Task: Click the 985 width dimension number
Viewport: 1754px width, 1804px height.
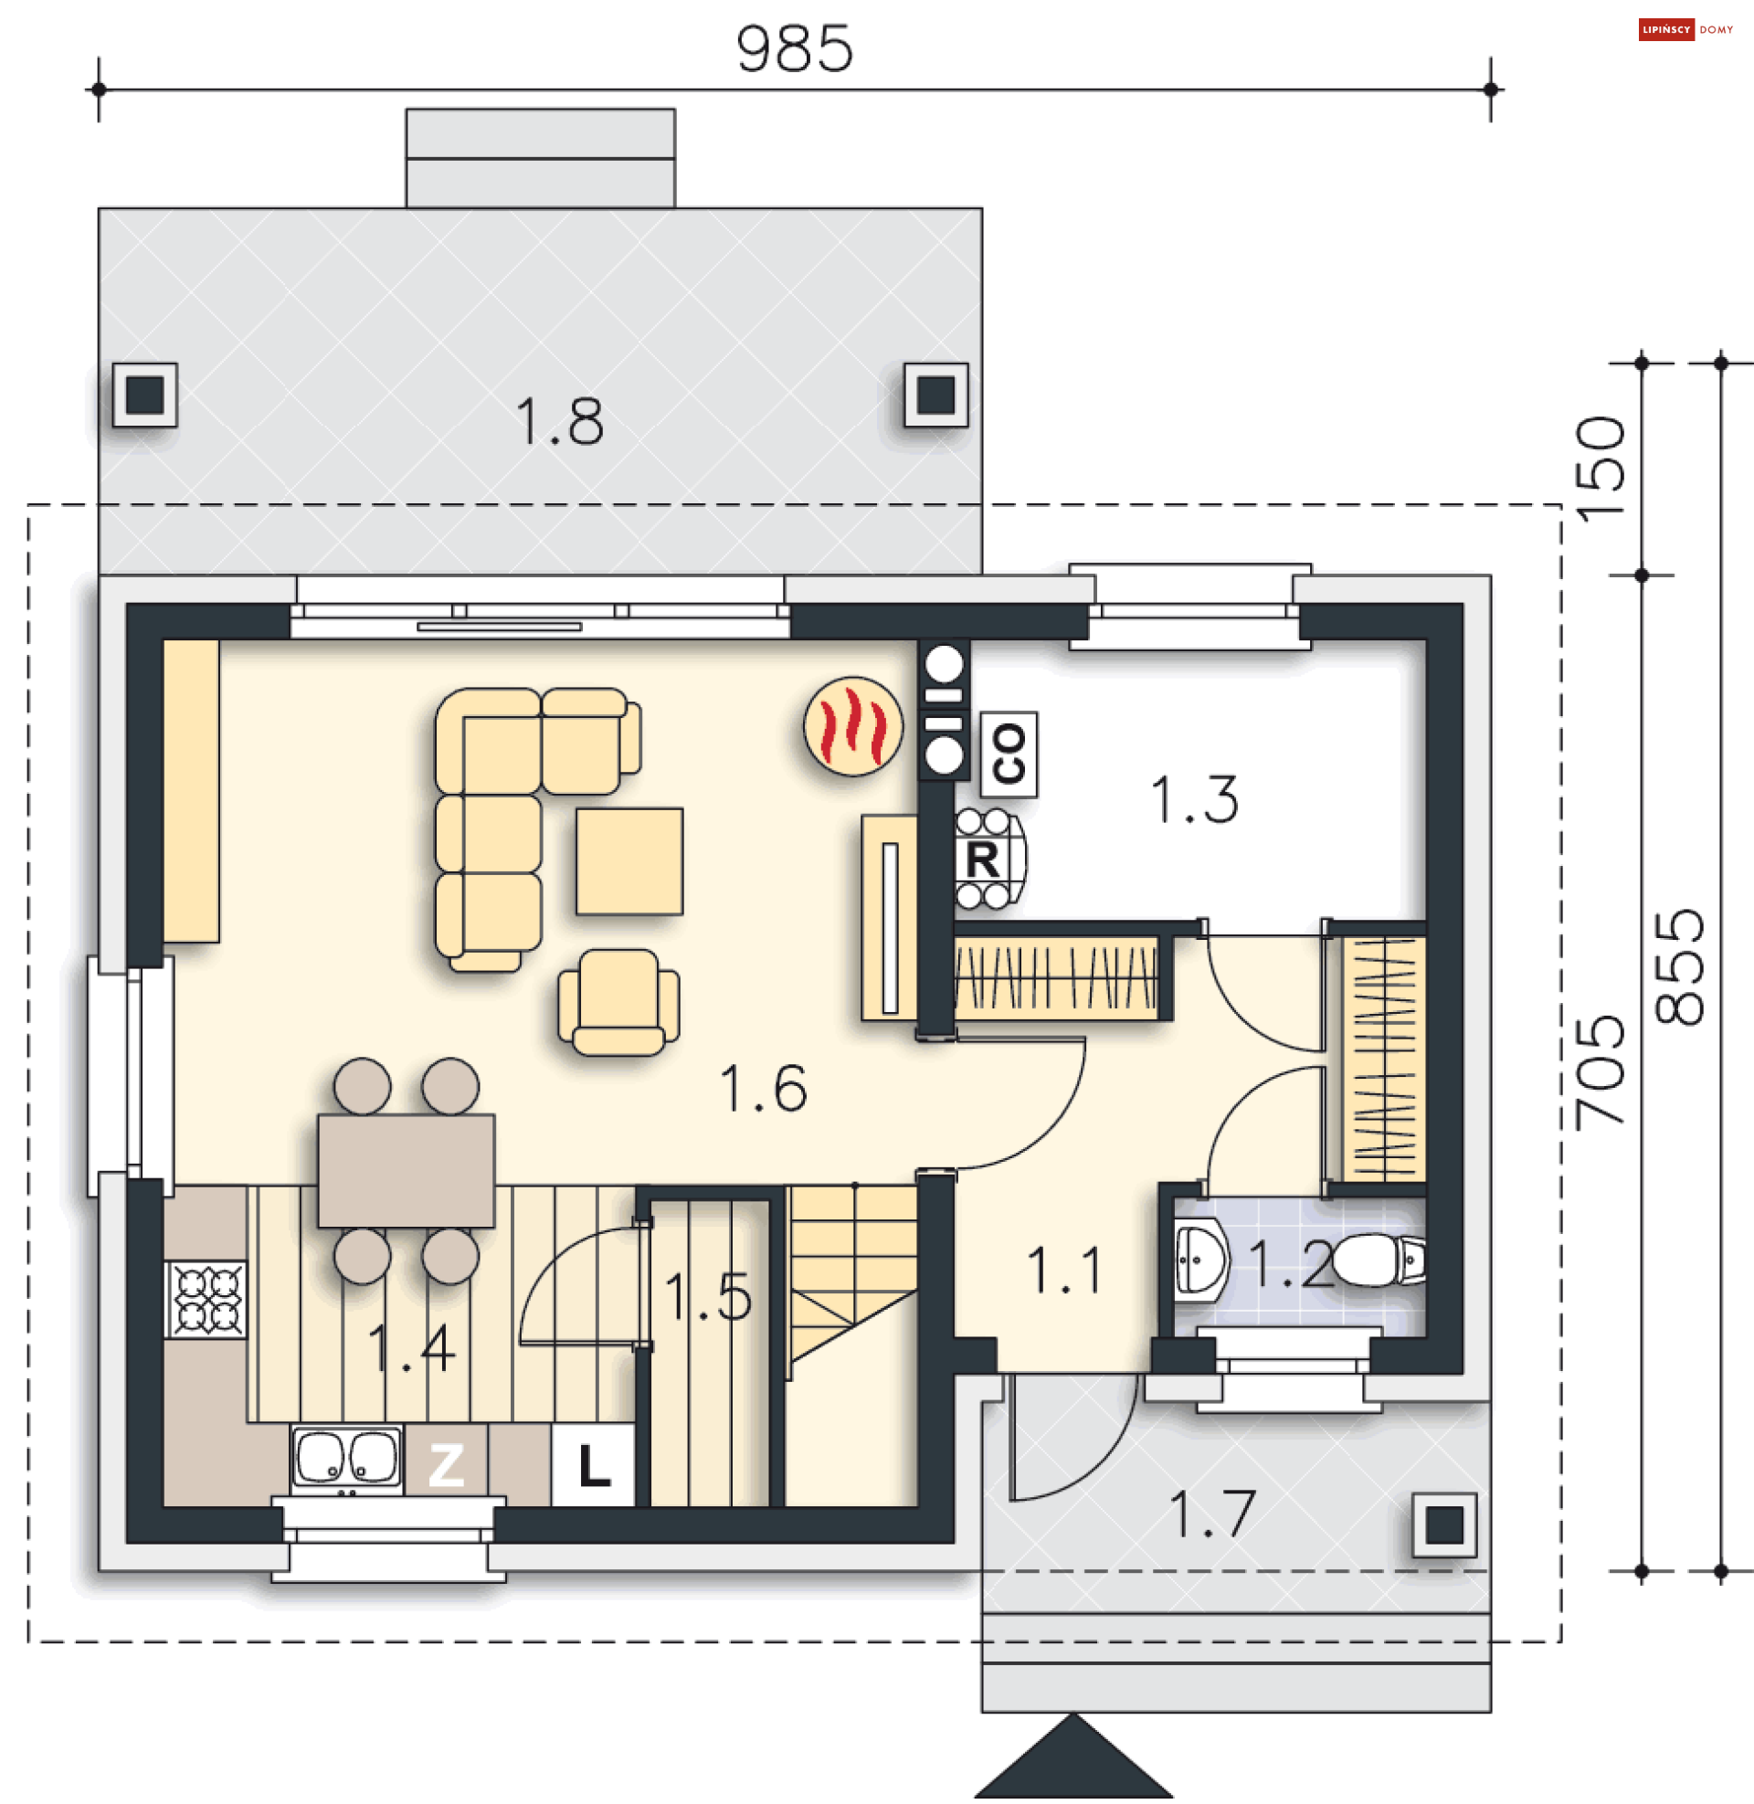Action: tap(794, 48)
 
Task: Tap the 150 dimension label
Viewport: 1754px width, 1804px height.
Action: tap(1601, 469)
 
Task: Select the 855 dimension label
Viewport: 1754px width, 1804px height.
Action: tap(1679, 967)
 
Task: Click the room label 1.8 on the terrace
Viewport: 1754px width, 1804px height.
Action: tap(559, 423)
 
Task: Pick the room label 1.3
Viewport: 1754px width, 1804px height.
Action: tap(1194, 799)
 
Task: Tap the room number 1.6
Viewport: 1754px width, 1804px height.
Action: tap(763, 1089)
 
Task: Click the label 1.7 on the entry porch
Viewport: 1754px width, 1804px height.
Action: tap(1211, 1514)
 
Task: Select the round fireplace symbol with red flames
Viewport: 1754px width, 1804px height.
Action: tap(853, 726)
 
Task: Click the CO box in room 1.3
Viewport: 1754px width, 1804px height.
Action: tap(1009, 754)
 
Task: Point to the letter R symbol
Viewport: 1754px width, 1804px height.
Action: tap(982, 861)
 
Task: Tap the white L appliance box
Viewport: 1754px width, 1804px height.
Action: tap(593, 1465)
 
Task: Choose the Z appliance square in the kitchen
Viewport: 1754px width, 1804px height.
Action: tap(447, 1465)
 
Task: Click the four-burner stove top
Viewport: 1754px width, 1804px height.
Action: tap(206, 1300)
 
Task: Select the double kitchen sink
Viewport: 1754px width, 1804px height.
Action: tap(347, 1458)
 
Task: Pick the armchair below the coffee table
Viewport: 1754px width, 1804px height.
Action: tap(618, 1002)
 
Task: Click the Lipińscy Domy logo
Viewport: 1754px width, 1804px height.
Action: tap(1685, 29)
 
